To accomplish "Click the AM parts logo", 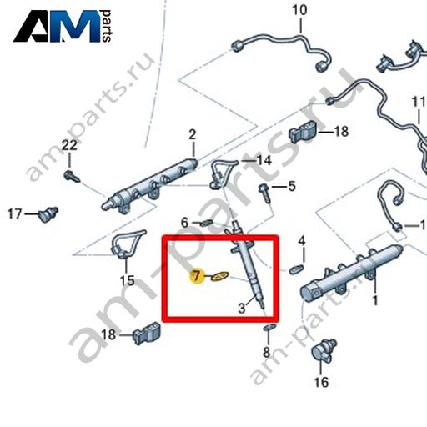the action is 63,26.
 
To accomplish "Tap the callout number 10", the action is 299,10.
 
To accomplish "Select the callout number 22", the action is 69,145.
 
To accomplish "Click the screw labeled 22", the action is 72,177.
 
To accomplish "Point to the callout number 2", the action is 193,135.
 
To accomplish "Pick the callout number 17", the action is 14,214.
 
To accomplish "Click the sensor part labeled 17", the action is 48,214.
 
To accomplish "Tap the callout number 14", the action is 264,160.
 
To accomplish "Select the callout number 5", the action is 292,186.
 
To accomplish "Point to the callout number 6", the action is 184,223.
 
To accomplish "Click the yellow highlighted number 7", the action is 197,276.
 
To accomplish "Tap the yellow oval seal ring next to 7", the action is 219,276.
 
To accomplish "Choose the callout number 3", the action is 242,309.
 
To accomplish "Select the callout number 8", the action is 267,353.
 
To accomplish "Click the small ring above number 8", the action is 269,327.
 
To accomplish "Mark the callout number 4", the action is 302,241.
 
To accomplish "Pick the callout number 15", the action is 127,281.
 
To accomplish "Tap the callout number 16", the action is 321,382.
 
